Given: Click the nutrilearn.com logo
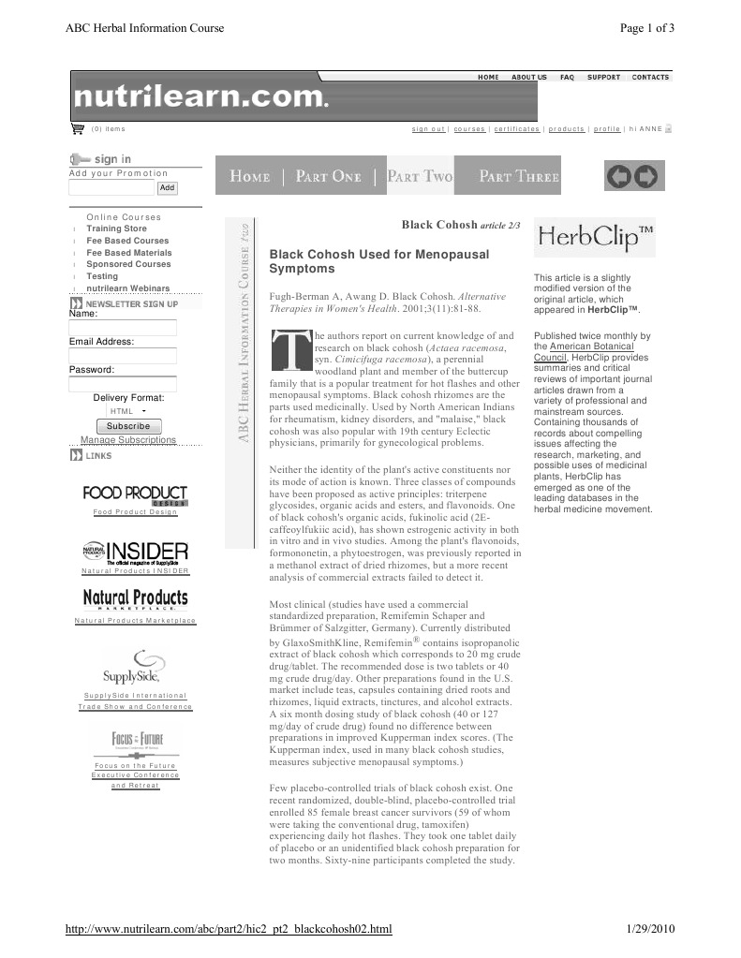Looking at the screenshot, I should click(x=201, y=96).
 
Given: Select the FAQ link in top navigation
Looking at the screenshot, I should click(x=567, y=77).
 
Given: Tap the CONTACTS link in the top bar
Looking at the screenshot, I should click(x=650, y=77).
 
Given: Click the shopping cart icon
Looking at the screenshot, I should click(x=78, y=128).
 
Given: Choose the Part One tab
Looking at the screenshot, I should click(x=328, y=176).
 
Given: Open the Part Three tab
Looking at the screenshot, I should click(x=518, y=176).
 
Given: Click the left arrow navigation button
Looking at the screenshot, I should click(x=618, y=176).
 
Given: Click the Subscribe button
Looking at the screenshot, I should click(x=128, y=426).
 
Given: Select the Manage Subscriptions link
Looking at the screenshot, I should click(x=128, y=440).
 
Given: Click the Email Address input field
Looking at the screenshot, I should click(x=123, y=356).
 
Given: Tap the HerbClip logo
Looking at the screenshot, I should click(x=594, y=239).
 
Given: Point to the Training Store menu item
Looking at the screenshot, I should click(x=116, y=228).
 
